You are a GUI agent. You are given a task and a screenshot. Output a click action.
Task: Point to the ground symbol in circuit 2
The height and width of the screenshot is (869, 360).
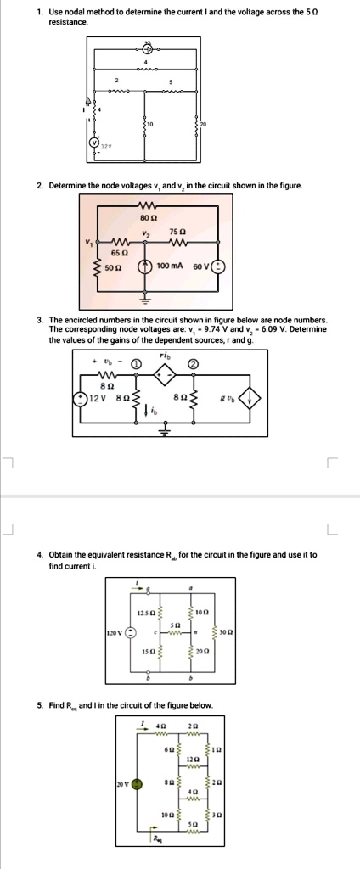click(x=145, y=300)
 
